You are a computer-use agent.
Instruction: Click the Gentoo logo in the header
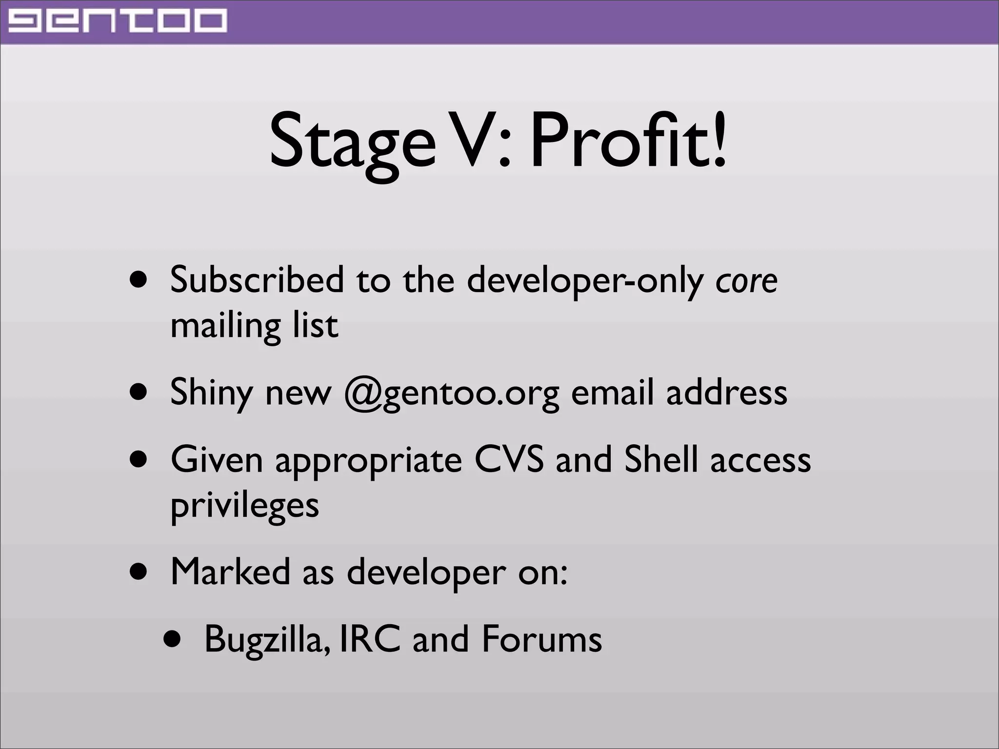point(118,21)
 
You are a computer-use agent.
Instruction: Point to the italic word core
point(746,281)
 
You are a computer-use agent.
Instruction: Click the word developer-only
point(585,281)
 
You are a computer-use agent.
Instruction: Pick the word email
point(612,392)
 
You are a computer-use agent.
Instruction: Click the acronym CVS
point(509,459)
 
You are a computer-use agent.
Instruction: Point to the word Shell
point(661,459)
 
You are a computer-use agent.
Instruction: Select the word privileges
point(244,506)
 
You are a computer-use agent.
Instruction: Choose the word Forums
point(541,639)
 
